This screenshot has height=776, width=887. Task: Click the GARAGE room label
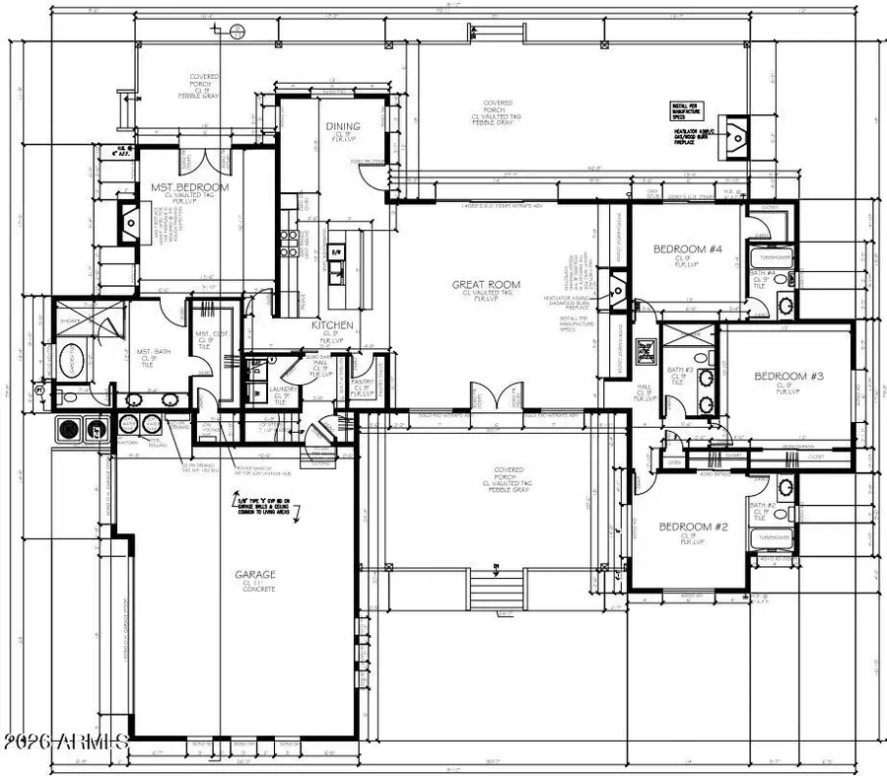coord(254,574)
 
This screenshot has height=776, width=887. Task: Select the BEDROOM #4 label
coord(688,249)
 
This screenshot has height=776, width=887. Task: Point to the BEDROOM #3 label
coord(788,376)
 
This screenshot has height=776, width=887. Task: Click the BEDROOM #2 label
coord(693,527)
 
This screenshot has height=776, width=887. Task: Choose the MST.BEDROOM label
coord(190,187)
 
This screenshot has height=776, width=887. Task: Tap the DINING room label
coord(342,126)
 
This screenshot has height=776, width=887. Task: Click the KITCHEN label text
coord(333,324)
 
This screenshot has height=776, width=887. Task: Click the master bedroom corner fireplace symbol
coord(129,224)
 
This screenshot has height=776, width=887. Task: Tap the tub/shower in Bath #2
coord(772,540)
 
